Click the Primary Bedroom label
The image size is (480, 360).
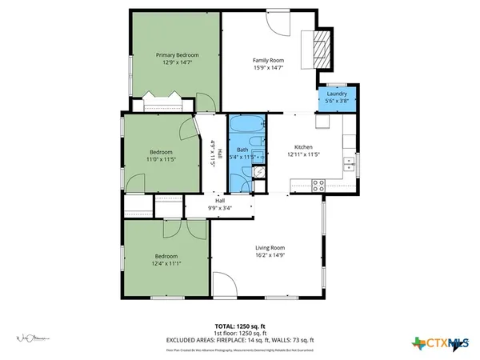177,54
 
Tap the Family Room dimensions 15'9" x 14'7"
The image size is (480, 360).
269,68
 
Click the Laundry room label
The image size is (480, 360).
336,94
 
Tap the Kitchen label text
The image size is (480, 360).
303,147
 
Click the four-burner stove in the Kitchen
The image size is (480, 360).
318,184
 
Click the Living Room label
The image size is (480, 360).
270,247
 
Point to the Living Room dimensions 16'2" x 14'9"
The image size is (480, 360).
270,255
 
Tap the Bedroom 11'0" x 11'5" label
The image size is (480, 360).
161,155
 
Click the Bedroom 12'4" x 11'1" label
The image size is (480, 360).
166,260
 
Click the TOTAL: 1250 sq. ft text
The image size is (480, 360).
240,326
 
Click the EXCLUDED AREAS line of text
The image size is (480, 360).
240,339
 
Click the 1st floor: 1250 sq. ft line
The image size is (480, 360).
240,332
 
